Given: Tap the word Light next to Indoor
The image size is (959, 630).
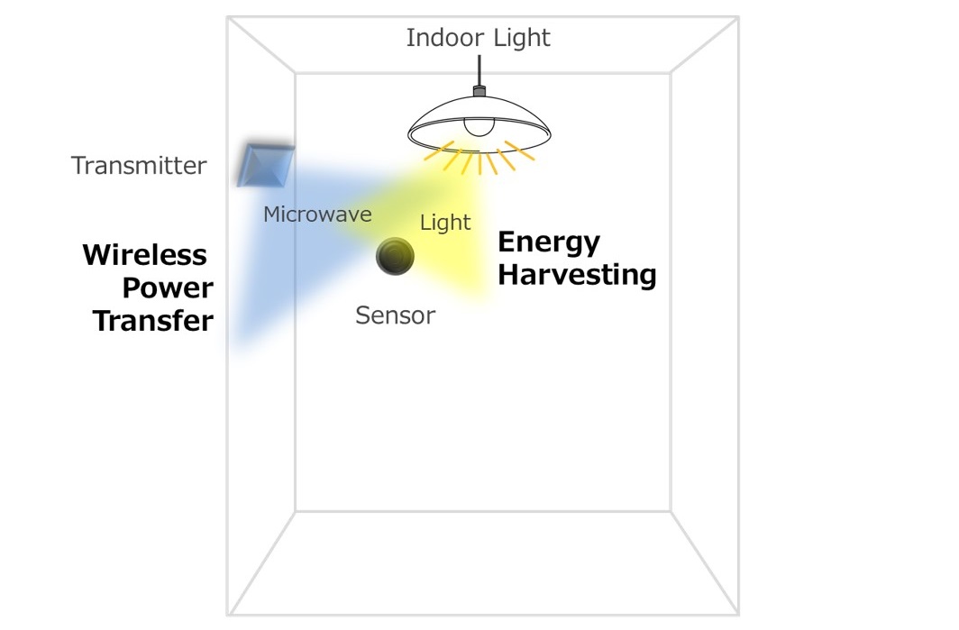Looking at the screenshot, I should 522,38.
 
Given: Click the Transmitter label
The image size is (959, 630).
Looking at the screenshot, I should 139,166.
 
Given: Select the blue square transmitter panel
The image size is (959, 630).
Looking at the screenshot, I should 266,164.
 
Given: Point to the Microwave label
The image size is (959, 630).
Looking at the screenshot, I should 317,215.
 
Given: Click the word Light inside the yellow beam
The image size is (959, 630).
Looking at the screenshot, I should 445,222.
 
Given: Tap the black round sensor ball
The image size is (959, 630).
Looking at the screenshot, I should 395,256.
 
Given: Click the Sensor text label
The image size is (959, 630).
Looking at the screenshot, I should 395,315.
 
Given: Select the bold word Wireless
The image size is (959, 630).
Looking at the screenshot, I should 145,255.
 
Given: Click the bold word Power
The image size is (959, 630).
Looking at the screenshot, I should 168,288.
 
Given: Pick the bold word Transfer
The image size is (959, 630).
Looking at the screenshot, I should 153,321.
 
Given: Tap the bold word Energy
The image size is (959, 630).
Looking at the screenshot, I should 549,242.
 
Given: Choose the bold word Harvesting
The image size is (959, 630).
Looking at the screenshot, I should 577,274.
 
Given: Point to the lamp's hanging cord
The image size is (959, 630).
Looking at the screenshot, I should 479,70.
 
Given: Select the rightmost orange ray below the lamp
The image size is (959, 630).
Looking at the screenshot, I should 520,151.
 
